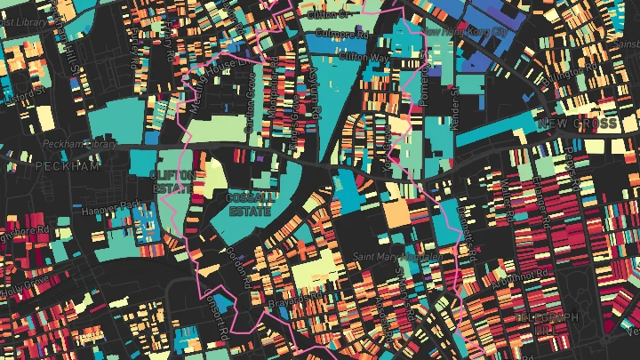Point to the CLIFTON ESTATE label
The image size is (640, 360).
(172, 181)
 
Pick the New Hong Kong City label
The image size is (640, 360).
(463, 31)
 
